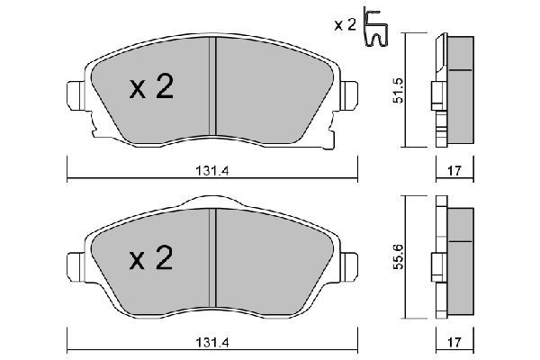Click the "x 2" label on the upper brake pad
pyautogui.click(x=151, y=86)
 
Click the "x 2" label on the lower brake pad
pyautogui.click(x=151, y=257)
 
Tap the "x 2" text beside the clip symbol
pyautogui.click(x=345, y=25)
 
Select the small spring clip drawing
pyautogui.click(x=375, y=28)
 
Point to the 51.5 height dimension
pyautogui.click(x=399, y=90)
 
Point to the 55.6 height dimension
pyautogui.click(x=399, y=257)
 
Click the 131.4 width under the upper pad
pyautogui.click(x=212, y=170)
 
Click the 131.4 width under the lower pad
pyautogui.click(x=212, y=342)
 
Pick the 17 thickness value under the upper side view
pyautogui.click(x=454, y=170)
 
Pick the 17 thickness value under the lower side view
pyautogui.click(x=454, y=342)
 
